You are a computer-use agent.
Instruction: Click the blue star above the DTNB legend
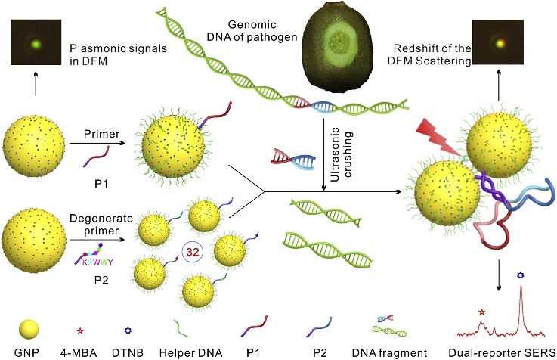pos(129,331)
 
